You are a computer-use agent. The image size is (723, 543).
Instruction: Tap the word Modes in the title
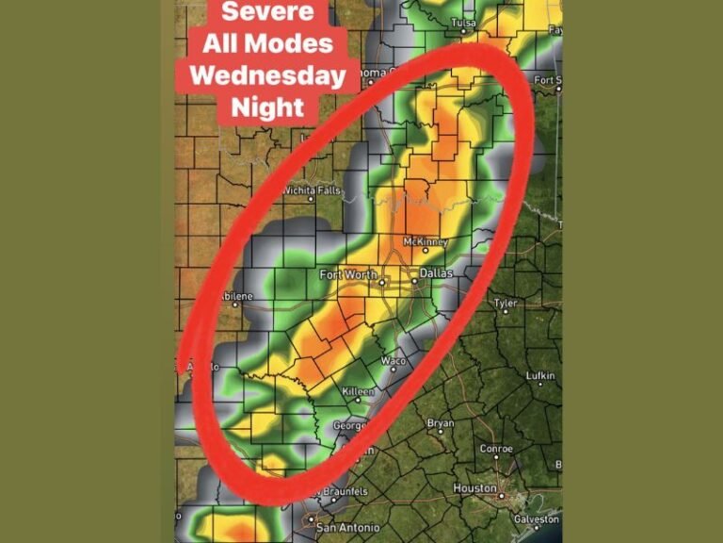[297, 43]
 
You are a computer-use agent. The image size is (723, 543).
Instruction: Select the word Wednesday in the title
[267, 74]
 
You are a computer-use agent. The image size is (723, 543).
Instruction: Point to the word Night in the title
[267, 105]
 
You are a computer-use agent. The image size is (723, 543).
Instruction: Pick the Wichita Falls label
[312, 190]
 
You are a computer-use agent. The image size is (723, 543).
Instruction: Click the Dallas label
[436, 272]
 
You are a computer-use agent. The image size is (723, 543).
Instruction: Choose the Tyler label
[506, 304]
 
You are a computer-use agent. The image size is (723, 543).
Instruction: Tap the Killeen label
[359, 391]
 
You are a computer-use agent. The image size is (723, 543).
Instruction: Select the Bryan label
[441, 423]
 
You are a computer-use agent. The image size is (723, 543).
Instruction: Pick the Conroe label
[496, 449]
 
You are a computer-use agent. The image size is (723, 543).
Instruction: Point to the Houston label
[474, 488]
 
